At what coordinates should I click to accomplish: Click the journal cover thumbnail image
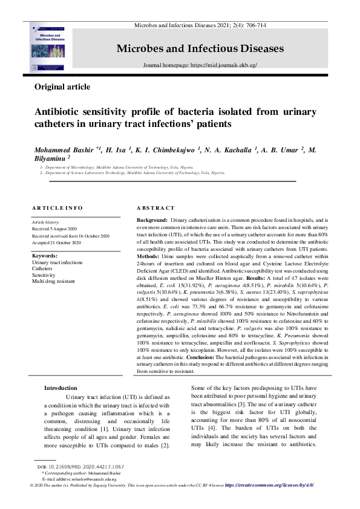pos(50,48)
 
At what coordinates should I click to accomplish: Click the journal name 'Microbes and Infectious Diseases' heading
pos(200,48)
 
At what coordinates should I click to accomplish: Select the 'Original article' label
pos(62,87)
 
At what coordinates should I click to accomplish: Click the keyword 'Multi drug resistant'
pos(54,281)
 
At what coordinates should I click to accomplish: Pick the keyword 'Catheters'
pos(43,269)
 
